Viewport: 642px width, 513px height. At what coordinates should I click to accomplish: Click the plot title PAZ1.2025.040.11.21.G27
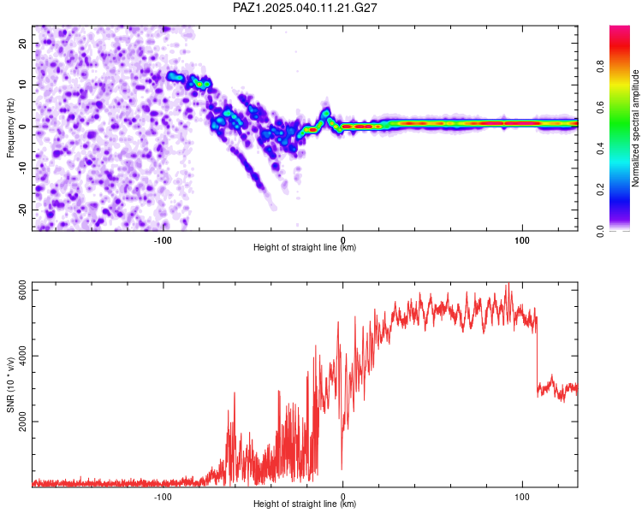(x=305, y=8)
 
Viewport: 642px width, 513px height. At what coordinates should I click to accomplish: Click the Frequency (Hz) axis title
(x=10, y=128)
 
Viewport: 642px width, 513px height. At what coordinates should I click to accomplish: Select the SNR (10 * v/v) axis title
(x=10, y=385)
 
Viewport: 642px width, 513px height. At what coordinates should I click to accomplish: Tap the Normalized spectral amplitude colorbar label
(x=635, y=128)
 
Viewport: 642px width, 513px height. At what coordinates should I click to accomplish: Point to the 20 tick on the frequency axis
(x=22, y=43)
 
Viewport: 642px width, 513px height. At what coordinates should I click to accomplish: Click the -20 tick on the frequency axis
(x=22, y=209)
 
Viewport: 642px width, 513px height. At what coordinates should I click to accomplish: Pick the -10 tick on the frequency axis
(x=22, y=168)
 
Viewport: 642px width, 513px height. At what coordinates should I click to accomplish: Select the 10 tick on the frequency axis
(x=22, y=85)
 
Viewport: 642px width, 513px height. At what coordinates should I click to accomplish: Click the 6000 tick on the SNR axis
(x=22, y=290)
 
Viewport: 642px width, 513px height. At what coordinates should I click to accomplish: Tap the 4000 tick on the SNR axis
(x=22, y=356)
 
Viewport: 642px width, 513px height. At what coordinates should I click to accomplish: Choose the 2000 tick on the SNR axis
(x=22, y=422)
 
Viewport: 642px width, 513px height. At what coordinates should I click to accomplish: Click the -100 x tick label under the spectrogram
(x=163, y=240)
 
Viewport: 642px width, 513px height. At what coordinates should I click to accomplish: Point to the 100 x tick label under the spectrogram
(x=522, y=240)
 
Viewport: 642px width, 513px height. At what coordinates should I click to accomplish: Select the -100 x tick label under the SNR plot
(x=163, y=498)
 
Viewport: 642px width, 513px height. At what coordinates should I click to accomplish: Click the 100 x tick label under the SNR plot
(x=522, y=498)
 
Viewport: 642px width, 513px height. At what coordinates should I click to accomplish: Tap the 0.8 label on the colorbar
(x=600, y=67)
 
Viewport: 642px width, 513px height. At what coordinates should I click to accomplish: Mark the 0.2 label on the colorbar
(x=600, y=190)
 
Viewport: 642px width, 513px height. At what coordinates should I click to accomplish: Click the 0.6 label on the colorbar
(x=600, y=108)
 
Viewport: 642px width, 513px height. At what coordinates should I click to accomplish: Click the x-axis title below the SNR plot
(x=305, y=504)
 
